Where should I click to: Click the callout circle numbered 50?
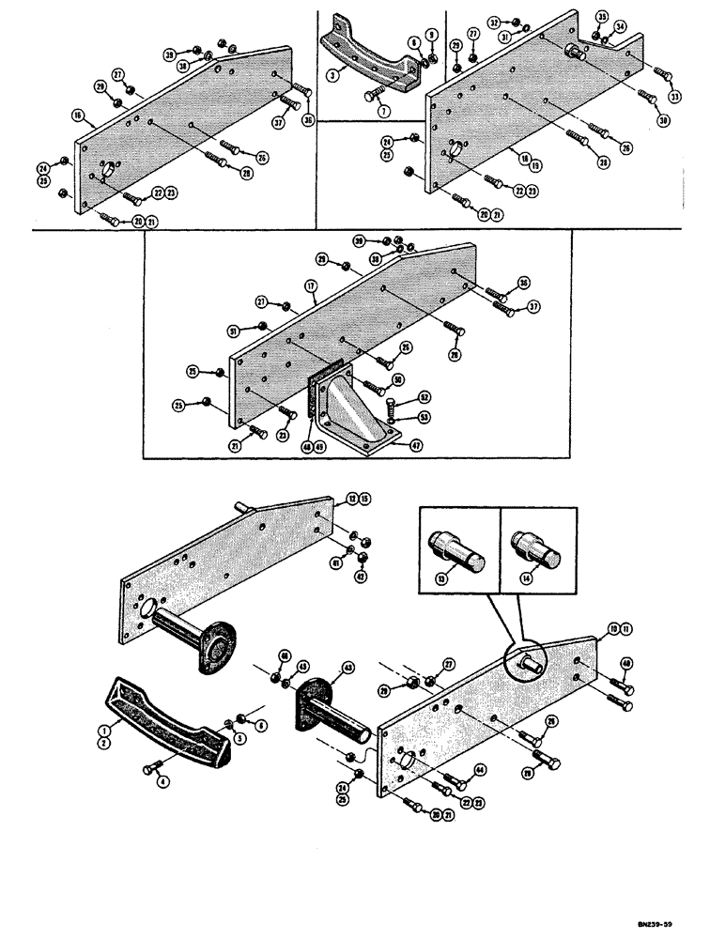[x=398, y=378]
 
